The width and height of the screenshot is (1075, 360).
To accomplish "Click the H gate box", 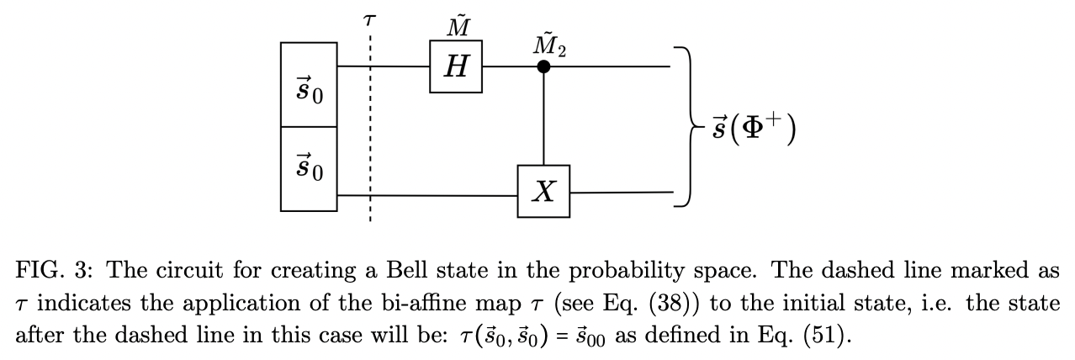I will tap(455, 66).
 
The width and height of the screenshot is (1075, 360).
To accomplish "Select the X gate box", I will tap(543, 192).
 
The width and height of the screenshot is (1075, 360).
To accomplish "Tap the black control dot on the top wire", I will tap(544, 66).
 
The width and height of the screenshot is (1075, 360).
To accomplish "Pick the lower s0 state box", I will tap(308, 167).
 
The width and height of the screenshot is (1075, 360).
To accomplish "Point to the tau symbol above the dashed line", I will tap(368, 21).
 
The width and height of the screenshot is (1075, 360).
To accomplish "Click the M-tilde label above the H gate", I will tap(457, 26).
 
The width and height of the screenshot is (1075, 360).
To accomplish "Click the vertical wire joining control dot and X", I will tap(544, 118).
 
